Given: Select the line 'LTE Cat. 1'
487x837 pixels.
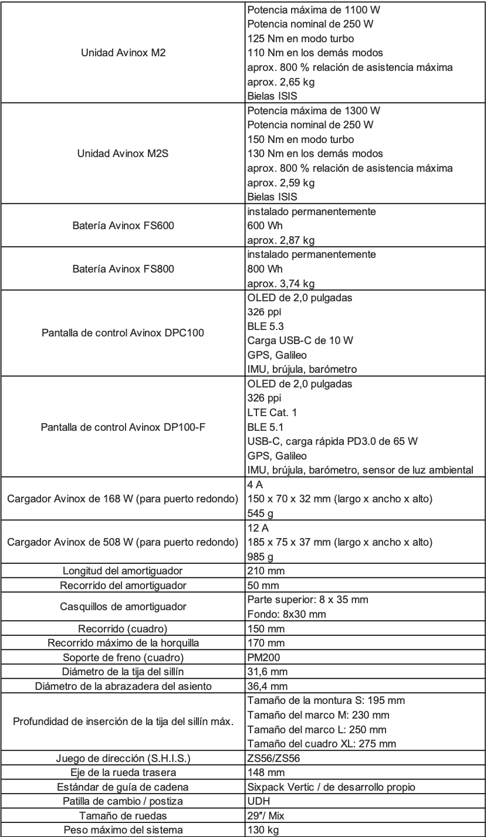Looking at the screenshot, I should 272,413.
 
